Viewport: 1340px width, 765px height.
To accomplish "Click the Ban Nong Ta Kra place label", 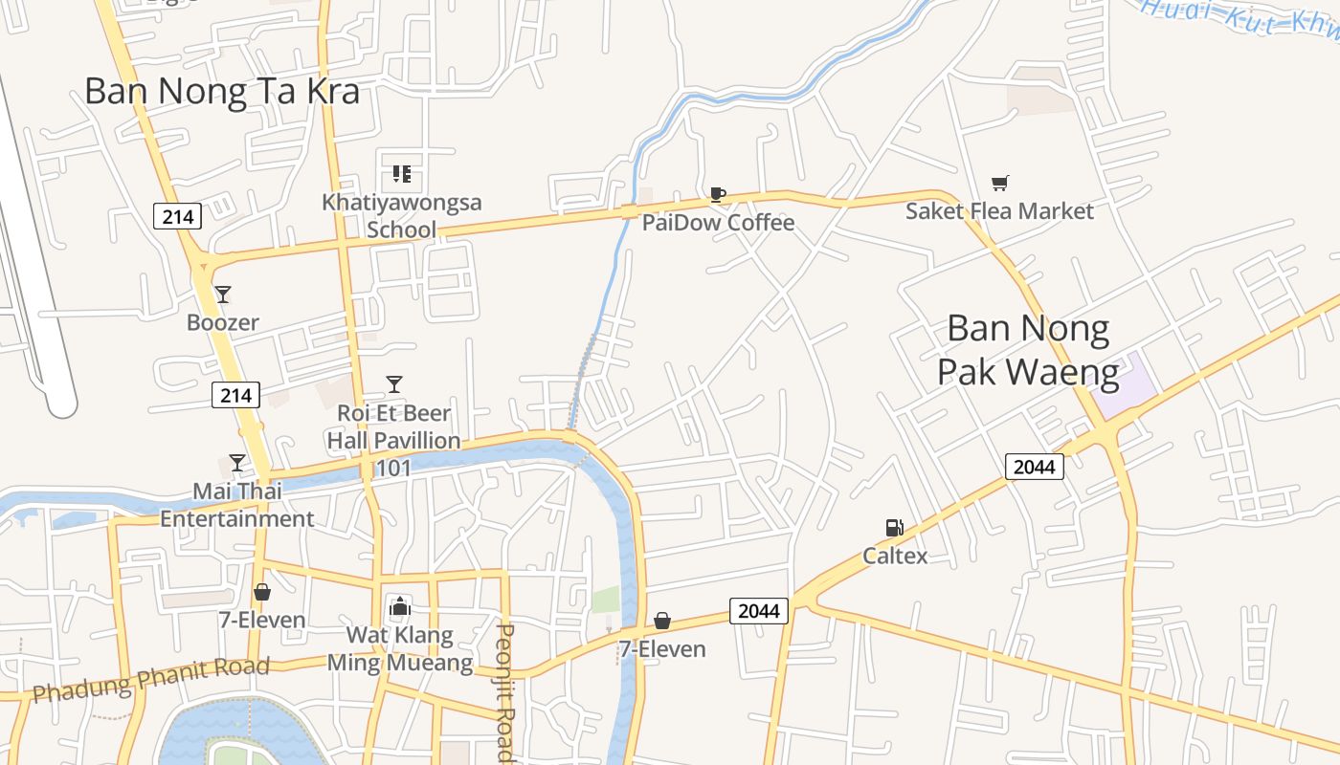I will pos(222,92).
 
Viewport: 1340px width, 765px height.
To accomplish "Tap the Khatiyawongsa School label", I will pos(402,215).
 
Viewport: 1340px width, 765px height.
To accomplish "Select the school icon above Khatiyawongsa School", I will pos(402,174).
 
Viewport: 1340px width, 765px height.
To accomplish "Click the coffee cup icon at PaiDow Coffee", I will pos(717,195).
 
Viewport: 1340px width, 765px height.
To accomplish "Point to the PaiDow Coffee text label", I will pos(718,223).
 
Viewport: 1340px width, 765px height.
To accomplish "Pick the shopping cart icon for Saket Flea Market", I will pos(999,183).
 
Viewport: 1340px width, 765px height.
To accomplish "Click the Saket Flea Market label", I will pos(999,210).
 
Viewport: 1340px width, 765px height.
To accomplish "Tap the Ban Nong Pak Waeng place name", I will pos(1028,350).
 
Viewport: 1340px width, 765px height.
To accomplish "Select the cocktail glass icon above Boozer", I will pos(223,294).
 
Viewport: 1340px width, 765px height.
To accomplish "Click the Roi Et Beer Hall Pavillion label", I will pos(393,427).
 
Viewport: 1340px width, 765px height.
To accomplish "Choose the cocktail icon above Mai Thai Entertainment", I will pos(236,463).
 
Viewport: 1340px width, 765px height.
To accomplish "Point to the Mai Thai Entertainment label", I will pos(236,505).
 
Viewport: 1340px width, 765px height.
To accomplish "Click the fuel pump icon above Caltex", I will pos(894,527).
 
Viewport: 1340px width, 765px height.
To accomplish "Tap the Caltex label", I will pos(895,556).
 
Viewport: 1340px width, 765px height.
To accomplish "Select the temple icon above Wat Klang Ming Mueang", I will pos(399,606).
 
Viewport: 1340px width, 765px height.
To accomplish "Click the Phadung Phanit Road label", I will pos(150,678).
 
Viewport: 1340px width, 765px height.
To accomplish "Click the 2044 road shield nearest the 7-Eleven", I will pos(759,610).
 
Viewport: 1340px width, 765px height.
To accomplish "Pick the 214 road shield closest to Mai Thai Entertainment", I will pos(235,395).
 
